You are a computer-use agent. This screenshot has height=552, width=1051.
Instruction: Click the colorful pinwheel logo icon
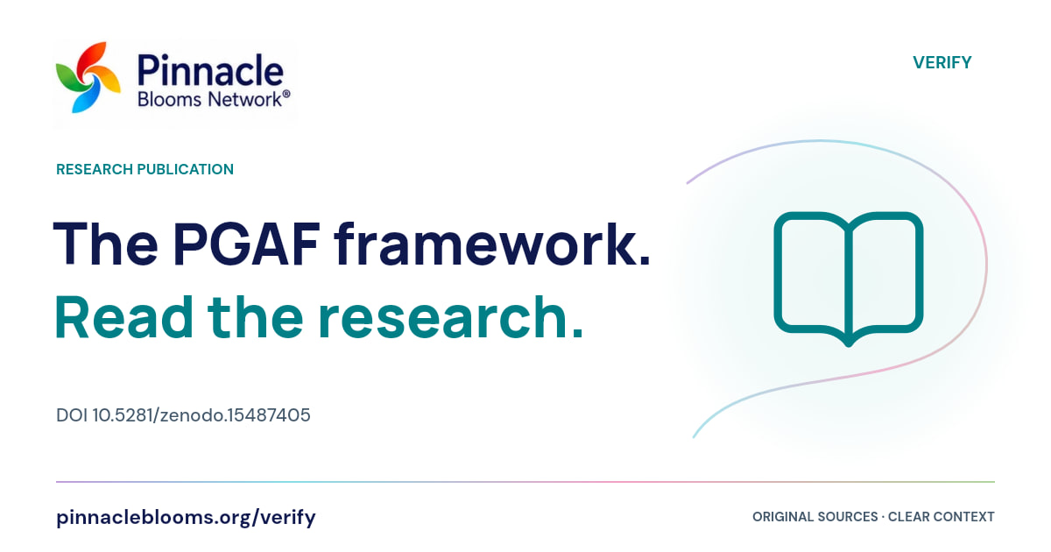(x=88, y=77)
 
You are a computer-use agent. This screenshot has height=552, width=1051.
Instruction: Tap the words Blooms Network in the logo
(x=209, y=99)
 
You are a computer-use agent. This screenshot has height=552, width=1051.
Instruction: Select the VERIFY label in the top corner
(x=942, y=62)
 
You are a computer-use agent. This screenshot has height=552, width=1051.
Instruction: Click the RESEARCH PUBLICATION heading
(x=145, y=169)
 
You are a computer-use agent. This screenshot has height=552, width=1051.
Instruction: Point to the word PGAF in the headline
(x=247, y=244)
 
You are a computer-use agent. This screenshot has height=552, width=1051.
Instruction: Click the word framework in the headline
(x=492, y=244)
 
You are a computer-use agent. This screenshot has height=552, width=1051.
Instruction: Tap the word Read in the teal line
(x=123, y=317)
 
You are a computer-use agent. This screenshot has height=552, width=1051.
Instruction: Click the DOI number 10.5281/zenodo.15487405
(x=201, y=415)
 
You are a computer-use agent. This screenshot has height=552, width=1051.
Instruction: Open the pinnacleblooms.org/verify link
(x=186, y=517)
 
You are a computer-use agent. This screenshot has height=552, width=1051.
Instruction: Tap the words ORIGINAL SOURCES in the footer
(x=815, y=517)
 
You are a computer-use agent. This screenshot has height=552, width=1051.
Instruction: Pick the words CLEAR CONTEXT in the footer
(x=942, y=517)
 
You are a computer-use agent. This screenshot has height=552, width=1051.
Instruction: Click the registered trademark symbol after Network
(x=286, y=95)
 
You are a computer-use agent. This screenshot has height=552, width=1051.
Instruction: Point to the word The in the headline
(x=106, y=244)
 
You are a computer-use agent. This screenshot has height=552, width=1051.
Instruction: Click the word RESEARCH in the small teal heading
(x=95, y=169)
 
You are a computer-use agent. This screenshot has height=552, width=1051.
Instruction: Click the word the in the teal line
(x=256, y=317)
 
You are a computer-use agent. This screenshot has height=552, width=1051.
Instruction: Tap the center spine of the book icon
(x=849, y=281)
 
